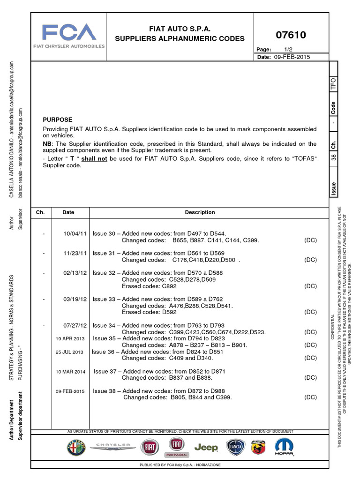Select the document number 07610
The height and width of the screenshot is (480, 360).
tap(291, 35)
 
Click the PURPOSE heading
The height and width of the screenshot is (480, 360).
tap(58, 120)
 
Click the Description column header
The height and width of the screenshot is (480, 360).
tap(200, 212)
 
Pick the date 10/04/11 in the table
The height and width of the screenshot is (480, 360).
tap(75, 233)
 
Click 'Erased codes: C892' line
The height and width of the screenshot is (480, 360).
tap(149, 286)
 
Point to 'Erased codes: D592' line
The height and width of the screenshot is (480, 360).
tap(149, 312)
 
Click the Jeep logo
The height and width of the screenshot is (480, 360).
tap(206, 448)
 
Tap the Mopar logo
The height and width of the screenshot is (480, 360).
tap(284, 448)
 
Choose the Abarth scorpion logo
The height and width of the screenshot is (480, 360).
tap(259, 448)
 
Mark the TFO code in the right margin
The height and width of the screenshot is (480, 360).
tap(333, 84)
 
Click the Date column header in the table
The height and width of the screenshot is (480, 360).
tap(68, 212)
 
